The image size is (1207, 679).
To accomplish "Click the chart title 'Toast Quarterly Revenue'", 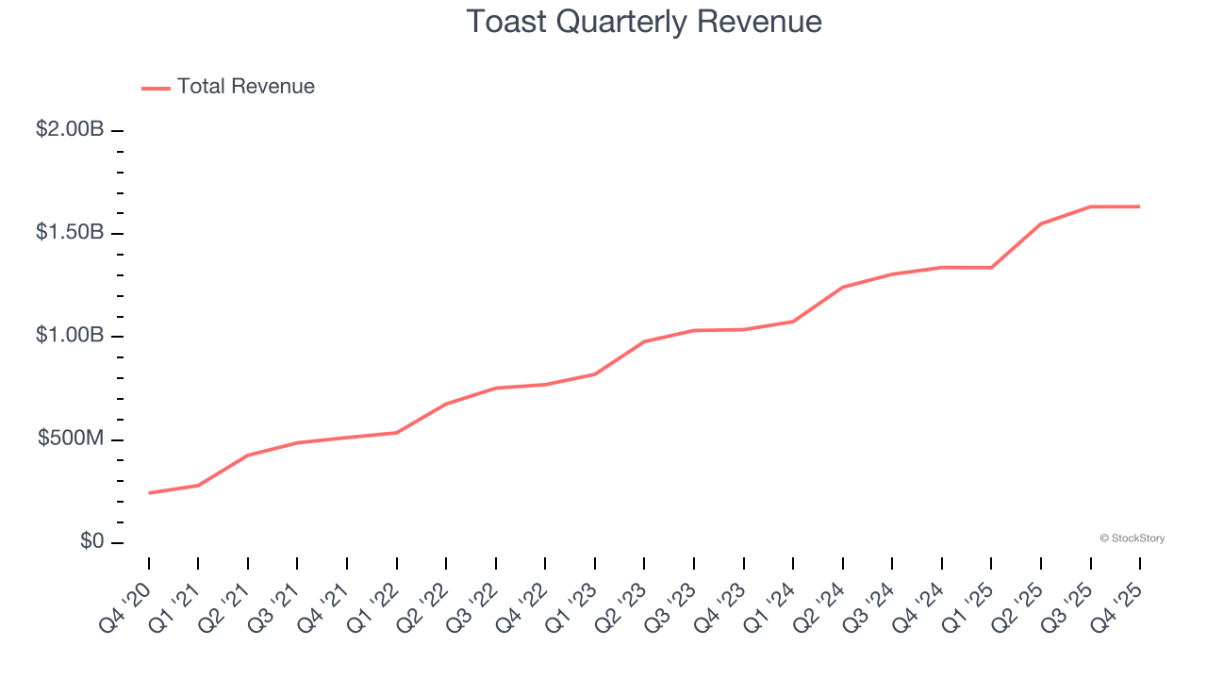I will point(644,22).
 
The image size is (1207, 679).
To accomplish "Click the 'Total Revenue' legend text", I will point(245,87).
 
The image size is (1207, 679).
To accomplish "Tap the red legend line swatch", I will point(156,88).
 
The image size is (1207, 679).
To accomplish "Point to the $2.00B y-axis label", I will point(70,129).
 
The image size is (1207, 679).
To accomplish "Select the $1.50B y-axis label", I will point(70,233).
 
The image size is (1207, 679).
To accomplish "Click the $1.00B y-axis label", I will point(70,336).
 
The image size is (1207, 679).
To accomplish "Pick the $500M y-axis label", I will point(71,439).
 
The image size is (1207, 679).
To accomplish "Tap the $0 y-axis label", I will point(91,542).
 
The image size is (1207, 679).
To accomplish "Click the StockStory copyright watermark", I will point(1132,538).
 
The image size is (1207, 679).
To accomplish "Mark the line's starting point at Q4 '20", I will point(149,493).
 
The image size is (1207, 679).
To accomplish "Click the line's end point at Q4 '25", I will point(1140,207).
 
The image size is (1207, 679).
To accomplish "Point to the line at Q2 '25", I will point(1041,224).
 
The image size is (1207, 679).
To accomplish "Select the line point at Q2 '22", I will point(446,404).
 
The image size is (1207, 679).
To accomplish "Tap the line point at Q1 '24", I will point(793,322).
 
